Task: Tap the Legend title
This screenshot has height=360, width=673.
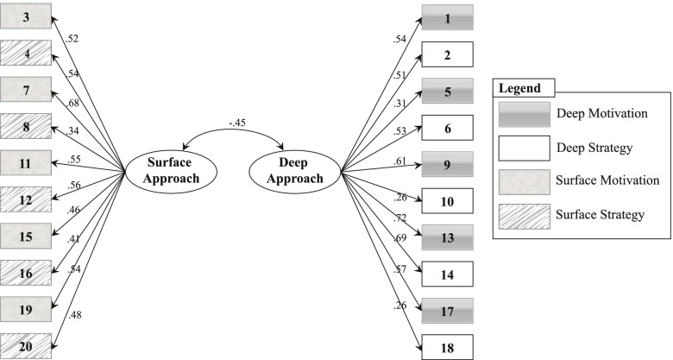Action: point(521,88)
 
